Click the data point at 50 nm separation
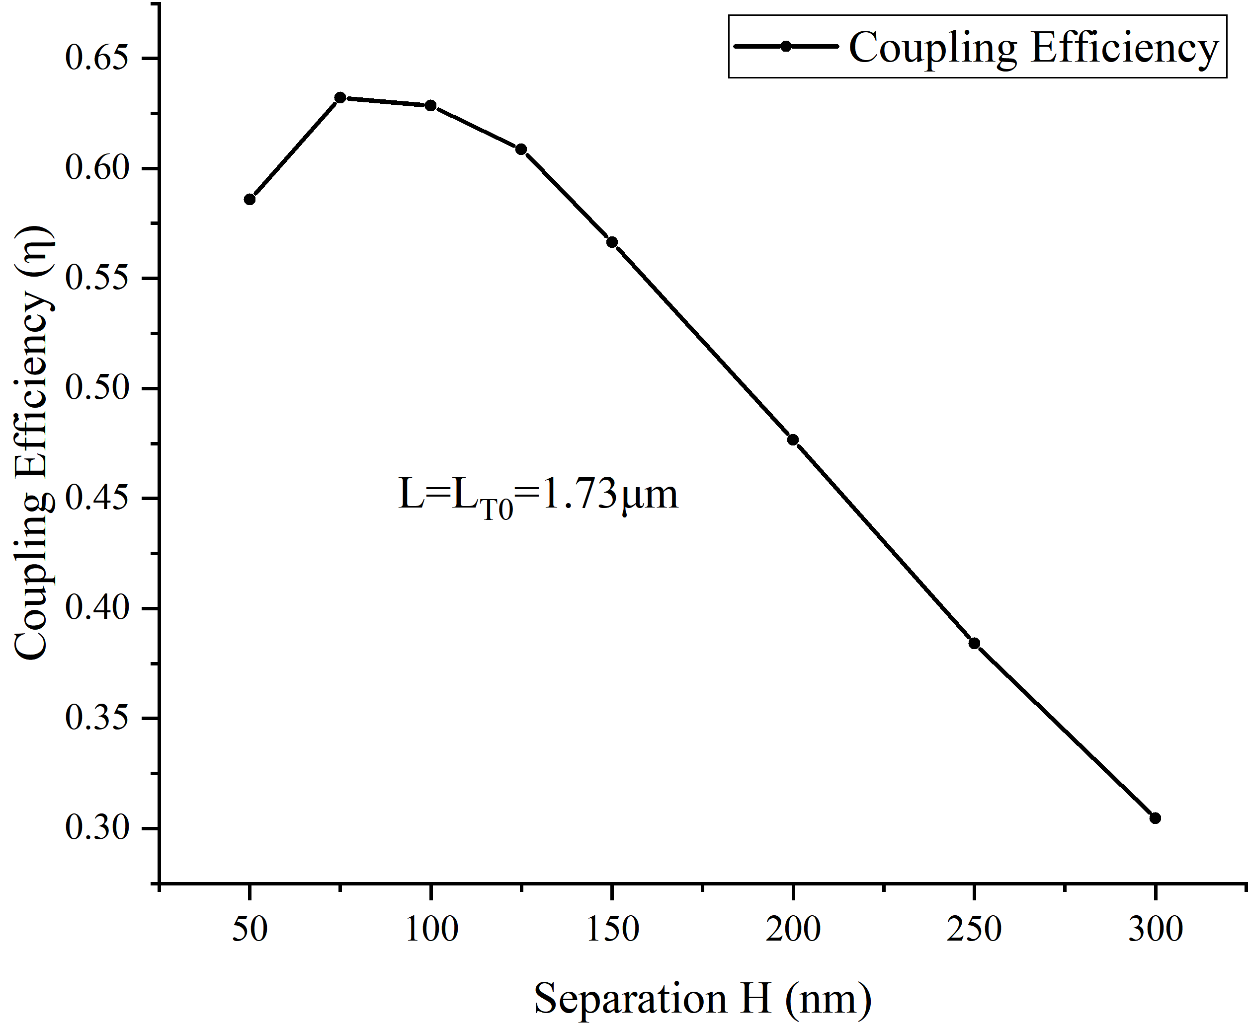point(250,199)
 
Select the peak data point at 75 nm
point(340,97)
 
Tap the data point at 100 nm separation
point(430,106)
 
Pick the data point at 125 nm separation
point(521,149)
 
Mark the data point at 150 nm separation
point(612,242)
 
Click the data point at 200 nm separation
point(793,440)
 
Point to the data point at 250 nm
point(974,643)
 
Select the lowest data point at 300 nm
point(1155,818)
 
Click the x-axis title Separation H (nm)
point(703,999)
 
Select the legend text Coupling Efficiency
point(1034,47)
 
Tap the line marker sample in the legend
point(786,47)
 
